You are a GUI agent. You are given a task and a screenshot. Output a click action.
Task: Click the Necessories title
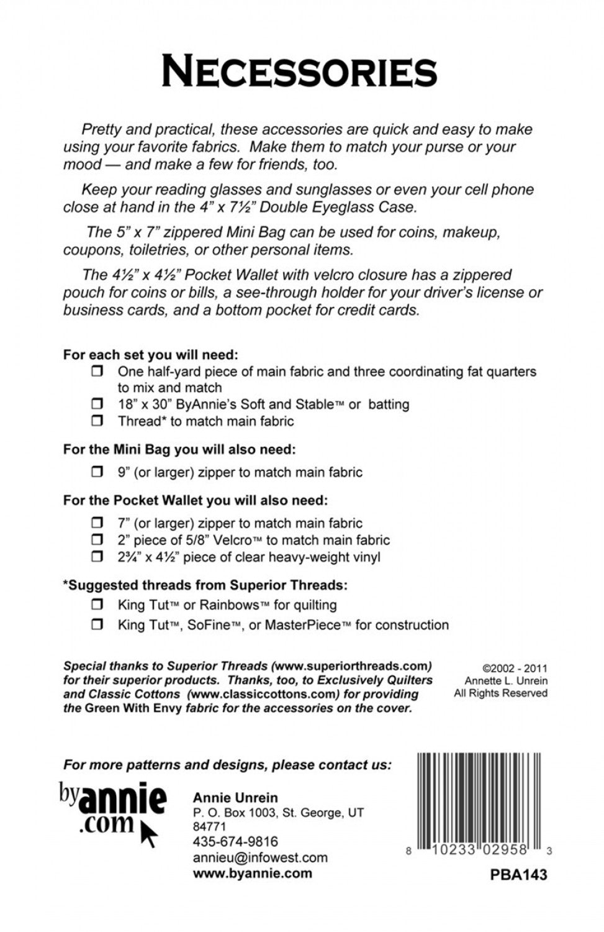pyautogui.click(x=300, y=71)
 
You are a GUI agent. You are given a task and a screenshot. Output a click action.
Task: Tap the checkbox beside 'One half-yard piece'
pyautogui.click(x=97, y=372)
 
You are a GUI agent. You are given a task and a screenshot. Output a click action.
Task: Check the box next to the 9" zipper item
pyautogui.click(x=97, y=472)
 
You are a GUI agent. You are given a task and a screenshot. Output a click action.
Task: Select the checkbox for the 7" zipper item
pyautogui.click(x=97, y=523)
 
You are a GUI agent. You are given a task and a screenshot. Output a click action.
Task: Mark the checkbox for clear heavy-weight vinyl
pyautogui.click(x=97, y=557)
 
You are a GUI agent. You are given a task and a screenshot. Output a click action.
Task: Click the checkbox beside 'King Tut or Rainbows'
pyautogui.click(x=97, y=605)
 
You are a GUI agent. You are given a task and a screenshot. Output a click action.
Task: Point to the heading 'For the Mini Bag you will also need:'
pyautogui.click(x=179, y=449)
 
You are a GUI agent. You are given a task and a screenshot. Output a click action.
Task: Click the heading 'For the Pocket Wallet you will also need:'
pyautogui.click(x=195, y=500)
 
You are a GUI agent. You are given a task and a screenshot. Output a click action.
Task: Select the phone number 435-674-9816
pyautogui.click(x=235, y=842)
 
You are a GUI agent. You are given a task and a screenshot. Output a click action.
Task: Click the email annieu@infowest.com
pyautogui.click(x=260, y=857)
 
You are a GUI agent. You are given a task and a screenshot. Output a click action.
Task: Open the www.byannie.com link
pyautogui.click(x=253, y=873)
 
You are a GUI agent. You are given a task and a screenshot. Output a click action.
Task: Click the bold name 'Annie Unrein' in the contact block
pyautogui.click(x=235, y=798)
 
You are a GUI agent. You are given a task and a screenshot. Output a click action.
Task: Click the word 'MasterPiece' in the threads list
pyautogui.click(x=303, y=625)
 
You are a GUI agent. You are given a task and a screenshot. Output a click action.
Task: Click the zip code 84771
pyautogui.click(x=209, y=827)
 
